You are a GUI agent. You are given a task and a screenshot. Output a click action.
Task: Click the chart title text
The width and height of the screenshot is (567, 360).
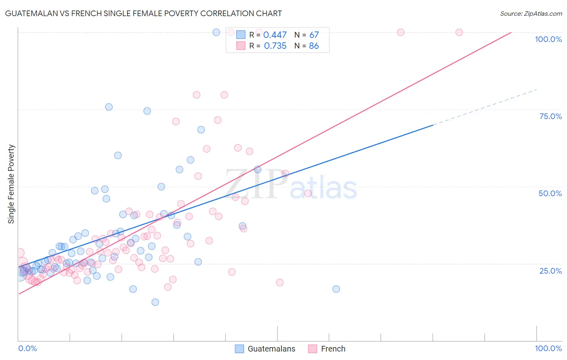click(x=143, y=13)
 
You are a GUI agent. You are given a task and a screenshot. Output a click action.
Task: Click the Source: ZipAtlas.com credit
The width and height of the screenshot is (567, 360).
click(x=531, y=13)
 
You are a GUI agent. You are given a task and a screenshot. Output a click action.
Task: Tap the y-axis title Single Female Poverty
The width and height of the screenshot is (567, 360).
click(x=11, y=184)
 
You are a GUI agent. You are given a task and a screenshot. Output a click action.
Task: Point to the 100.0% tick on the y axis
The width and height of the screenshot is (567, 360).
click(x=548, y=39)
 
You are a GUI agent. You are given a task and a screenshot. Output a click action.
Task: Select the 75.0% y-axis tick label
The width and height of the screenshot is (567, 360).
click(x=550, y=116)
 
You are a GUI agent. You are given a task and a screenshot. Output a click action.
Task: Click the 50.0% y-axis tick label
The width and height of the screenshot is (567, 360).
click(x=550, y=193)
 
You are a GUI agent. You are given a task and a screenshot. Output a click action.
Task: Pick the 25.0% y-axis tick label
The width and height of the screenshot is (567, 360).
click(x=550, y=271)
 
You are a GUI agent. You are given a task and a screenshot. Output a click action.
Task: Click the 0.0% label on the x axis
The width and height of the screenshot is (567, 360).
click(x=27, y=348)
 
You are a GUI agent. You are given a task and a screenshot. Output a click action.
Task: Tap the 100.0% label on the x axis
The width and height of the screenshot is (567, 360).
click(x=548, y=348)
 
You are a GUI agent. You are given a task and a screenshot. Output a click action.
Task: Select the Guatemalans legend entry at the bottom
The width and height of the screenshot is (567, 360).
click(x=265, y=349)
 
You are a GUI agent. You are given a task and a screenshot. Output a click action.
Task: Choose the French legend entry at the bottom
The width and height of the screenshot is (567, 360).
click(x=327, y=349)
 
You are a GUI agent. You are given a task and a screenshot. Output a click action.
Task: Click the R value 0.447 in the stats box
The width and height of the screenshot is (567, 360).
click(x=275, y=35)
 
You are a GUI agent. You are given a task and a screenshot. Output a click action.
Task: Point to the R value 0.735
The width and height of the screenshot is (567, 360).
click(x=275, y=46)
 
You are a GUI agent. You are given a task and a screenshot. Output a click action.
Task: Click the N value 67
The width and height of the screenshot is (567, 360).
click(x=314, y=35)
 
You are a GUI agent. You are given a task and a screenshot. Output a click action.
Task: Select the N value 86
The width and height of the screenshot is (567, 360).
click(x=314, y=46)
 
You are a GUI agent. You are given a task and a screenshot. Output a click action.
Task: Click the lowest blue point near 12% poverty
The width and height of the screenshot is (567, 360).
click(x=155, y=302)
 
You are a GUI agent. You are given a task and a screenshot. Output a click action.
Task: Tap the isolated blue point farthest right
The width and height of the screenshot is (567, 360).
click(x=336, y=289)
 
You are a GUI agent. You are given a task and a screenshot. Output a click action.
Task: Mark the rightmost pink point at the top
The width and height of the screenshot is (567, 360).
click(x=459, y=32)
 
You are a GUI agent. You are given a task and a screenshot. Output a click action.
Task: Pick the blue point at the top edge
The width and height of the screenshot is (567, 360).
click(x=216, y=32)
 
